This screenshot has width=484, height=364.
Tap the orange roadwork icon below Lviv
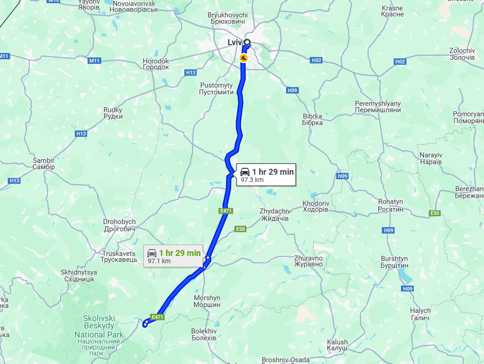point(244,58)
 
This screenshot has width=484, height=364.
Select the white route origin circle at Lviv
point(247,42)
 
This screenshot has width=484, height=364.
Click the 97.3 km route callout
point(266,175)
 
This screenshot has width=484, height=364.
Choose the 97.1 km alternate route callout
point(174,256)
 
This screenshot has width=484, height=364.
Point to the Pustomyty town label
point(216,89)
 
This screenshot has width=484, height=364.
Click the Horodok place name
point(156,64)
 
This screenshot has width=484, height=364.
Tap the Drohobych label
point(119,225)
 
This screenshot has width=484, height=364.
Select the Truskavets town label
point(119,257)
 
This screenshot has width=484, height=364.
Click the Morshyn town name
point(207,301)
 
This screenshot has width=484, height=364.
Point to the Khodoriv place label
point(315,206)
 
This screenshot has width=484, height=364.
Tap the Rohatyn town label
point(390,205)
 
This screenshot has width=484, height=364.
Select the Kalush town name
point(337,345)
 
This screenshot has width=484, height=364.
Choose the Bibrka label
point(312,119)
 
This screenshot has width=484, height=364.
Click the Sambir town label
point(44,164)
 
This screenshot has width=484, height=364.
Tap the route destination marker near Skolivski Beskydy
point(145,324)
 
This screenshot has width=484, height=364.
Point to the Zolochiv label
point(462,54)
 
